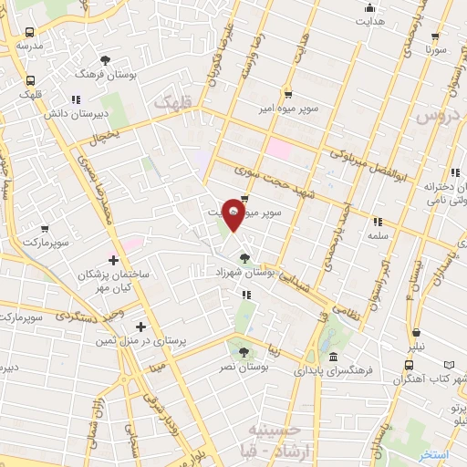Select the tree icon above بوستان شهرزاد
(243, 258)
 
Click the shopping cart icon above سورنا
(435, 36)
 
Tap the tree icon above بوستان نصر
(242, 352)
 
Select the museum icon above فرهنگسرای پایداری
(334, 358)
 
